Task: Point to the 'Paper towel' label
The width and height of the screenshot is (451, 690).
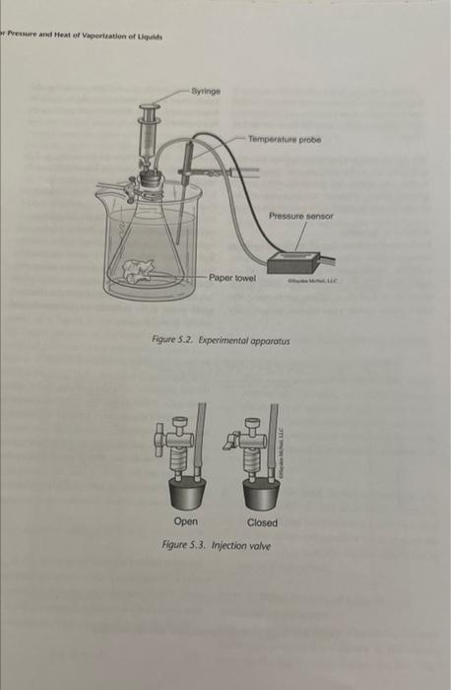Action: click(x=232, y=278)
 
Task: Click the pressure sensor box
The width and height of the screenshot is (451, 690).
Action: click(x=294, y=261)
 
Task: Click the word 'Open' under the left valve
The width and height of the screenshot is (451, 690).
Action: click(x=185, y=522)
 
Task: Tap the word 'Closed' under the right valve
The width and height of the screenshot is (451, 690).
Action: click(x=262, y=522)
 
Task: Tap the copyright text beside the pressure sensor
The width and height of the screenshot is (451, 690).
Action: click(x=311, y=281)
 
